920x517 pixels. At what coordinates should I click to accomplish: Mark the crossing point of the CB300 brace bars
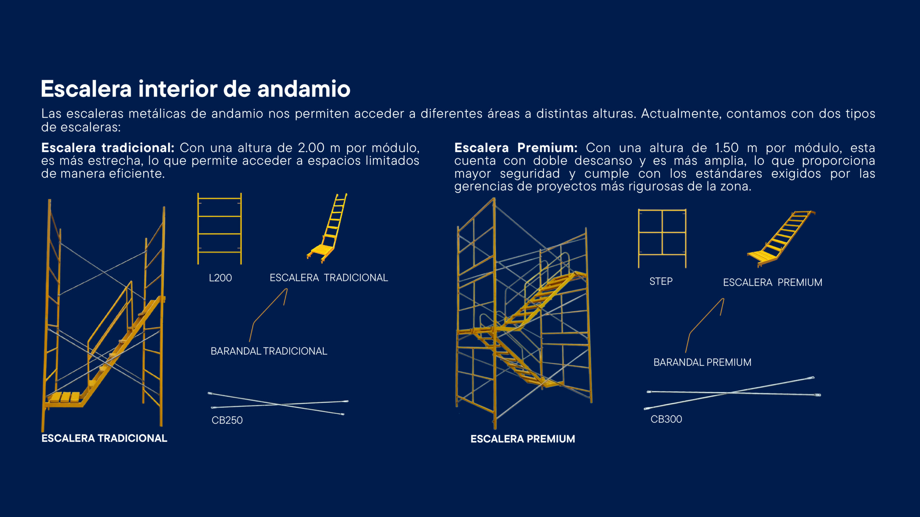point(727,393)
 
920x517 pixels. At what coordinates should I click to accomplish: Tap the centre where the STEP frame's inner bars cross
point(662,232)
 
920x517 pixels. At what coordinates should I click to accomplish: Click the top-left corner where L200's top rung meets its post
point(198,198)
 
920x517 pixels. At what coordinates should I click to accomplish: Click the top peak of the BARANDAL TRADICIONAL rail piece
point(286,289)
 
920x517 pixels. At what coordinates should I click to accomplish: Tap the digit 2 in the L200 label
point(215,278)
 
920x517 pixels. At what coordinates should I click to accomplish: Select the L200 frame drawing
point(220,229)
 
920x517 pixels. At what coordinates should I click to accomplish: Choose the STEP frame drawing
point(662,238)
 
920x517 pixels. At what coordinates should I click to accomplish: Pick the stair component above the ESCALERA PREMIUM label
point(781,239)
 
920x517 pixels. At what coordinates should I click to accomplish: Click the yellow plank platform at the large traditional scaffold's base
point(65,397)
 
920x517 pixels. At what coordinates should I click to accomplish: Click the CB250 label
point(227,420)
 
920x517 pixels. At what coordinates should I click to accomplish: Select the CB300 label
point(666,419)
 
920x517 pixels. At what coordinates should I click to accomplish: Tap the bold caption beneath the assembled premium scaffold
point(523,439)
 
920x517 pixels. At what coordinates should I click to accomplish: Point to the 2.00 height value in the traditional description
point(311,148)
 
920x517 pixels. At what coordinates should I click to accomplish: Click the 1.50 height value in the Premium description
point(726,148)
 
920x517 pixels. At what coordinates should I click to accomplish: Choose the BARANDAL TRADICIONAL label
point(269,351)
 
